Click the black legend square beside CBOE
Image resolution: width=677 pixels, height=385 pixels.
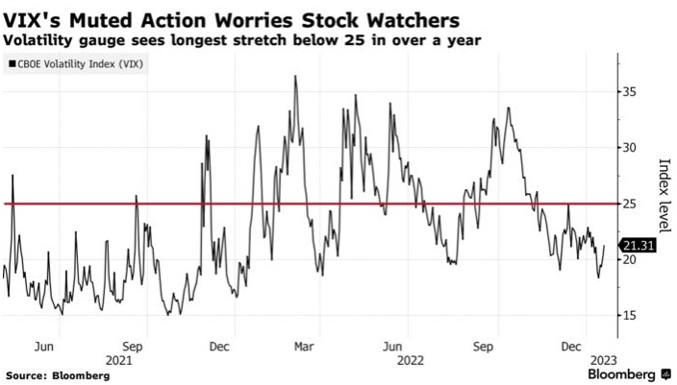(10, 63)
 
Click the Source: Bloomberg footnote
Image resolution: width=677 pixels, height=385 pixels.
(57, 374)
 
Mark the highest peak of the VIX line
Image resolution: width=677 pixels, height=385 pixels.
(294, 76)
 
